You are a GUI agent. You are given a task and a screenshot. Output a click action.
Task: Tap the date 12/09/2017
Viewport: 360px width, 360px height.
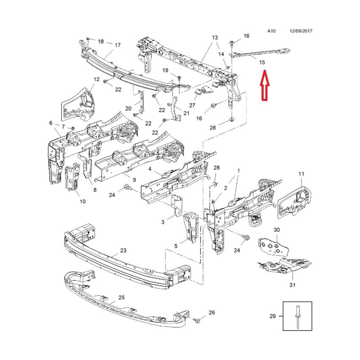(x=301, y=31)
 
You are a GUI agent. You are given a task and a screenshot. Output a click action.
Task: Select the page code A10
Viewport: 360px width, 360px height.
(x=271, y=31)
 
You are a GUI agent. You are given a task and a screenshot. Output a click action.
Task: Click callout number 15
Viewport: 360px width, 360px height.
(x=262, y=62)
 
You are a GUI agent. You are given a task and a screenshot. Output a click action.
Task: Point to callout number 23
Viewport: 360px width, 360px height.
(x=123, y=250)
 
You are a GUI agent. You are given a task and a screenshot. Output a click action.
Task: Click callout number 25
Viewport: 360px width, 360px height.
(x=121, y=297)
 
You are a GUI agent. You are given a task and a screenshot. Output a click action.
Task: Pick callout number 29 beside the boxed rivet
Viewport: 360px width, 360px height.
(x=273, y=316)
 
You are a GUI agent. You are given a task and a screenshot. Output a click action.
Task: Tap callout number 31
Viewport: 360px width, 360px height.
(x=292, y=285)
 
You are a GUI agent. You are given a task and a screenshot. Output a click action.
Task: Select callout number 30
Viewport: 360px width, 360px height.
(x=276, y=230)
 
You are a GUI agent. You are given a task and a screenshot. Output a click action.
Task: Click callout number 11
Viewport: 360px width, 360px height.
(x=301, y=174)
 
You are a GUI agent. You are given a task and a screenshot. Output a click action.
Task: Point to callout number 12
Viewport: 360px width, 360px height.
(x=96, y=79)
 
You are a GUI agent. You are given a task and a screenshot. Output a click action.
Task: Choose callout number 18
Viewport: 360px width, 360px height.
(x=100, y=41)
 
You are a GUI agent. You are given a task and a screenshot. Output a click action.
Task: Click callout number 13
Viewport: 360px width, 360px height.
(x=215, y=37)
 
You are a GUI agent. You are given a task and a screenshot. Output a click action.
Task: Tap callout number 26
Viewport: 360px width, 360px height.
(x=211, y=312)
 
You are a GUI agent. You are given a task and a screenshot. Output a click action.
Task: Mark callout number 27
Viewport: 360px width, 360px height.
(x=192, y=105)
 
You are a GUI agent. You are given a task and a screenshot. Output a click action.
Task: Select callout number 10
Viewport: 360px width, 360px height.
(x=83, y=201)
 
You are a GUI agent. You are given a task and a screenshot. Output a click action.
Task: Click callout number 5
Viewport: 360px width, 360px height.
(x=176, y=246)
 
